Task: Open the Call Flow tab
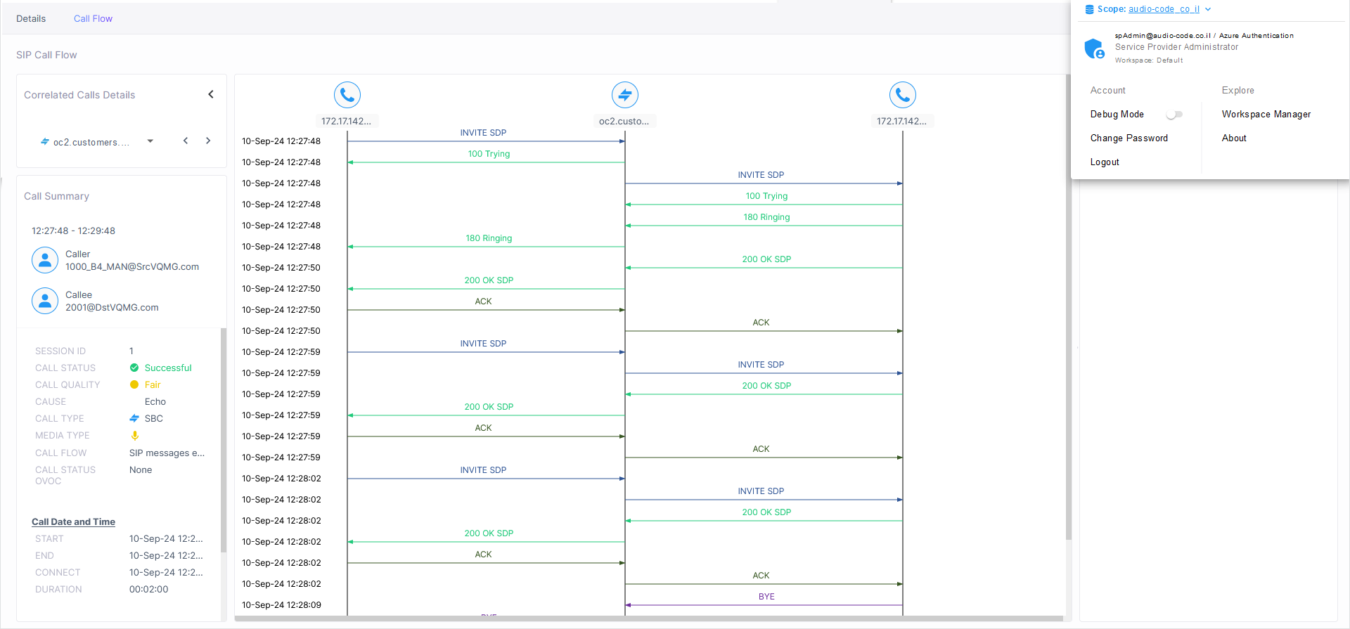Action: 93,19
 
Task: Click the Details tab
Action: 31,19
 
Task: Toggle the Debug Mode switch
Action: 1174,115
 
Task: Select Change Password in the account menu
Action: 1129,138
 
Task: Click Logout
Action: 1105,162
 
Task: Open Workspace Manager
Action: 1266,115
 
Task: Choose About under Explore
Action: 1234,138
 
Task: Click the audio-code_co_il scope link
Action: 1164,9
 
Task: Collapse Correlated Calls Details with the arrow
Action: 211,94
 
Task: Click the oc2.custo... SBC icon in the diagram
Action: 625,95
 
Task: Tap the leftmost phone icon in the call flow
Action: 347,95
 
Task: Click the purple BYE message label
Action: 766,597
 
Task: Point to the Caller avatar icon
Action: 45,260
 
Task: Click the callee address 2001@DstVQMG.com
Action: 112,308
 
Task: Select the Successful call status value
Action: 168,368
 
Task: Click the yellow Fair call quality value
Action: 153,385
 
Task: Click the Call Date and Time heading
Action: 73,522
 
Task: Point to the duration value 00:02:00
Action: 148,590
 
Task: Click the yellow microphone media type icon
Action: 135,436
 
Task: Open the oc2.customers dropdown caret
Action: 150,141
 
